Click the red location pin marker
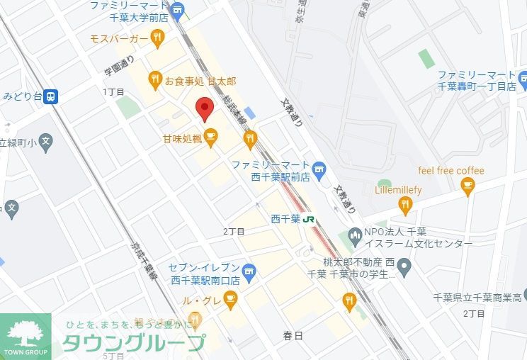pyautogui.click(x=205, y=108)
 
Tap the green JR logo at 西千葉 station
pyautogui.click(x=310, y=219)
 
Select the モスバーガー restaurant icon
pyautogui.click(x=157, y=37)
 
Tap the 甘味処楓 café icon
pyautogui.click(x=211, y=135)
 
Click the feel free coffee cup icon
pyautogui.click(x=467, y=186)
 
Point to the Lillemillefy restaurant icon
pyautogui.click(x=405, y=206)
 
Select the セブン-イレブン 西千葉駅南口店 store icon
pyautogui.click(x=248, y=271)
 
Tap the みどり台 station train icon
pyautogui.click(x=50, y=96)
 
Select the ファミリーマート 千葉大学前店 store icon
pyautogui.click(x=177, y=10)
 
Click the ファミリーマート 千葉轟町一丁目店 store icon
pyautogui.click(x=522, y=77)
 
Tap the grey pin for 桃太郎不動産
pyautogui.click(x=404, y=267)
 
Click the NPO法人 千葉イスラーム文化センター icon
pyautogui.click(x=353, y=235)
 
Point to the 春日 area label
pyautogui.click(x=292, y=335)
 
